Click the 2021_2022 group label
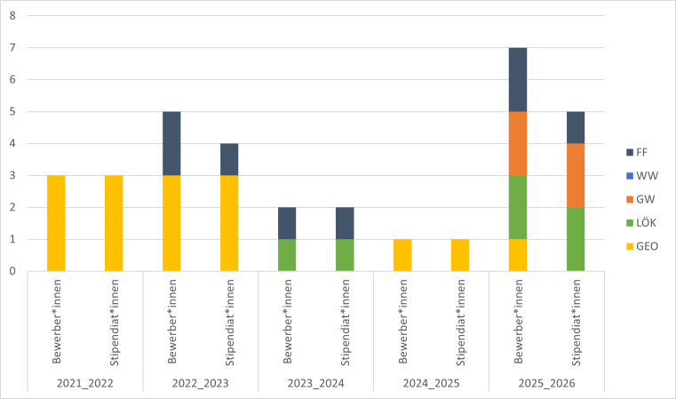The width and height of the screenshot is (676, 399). (84, 383)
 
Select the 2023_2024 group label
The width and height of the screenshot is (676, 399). (315, 383)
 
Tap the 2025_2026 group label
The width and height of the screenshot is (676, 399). (546, 383)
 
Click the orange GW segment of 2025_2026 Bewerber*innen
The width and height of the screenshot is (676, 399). (518, 144)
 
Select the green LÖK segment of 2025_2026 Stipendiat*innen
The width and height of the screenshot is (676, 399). (576, 240)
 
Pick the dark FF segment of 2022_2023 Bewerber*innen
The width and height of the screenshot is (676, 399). (171, 144)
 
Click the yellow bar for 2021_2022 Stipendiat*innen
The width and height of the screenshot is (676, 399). (114, 224)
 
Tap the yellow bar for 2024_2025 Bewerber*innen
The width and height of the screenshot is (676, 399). (402, 256)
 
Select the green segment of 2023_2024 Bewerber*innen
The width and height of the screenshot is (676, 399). (287, 256)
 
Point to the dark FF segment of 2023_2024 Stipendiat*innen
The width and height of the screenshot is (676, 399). (345, 224)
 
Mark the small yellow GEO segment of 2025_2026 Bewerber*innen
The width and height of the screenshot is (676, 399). (518, 256)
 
